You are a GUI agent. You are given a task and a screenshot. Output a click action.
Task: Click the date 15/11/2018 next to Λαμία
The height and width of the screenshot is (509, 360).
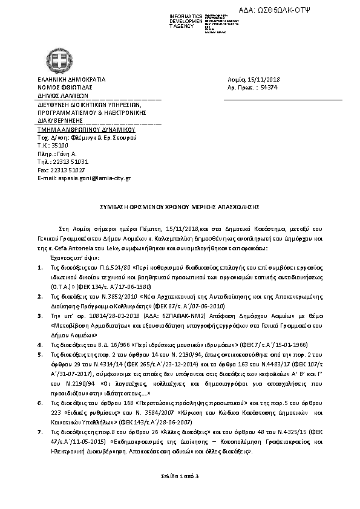coord(260,80)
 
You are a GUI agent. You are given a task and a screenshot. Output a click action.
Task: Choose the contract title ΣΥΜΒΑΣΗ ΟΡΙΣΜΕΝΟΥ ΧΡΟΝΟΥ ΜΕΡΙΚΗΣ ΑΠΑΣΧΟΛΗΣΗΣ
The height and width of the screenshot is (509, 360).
coord(179,206)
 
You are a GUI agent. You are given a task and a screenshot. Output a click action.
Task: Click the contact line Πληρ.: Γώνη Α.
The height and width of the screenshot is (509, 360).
coord(56,154)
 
